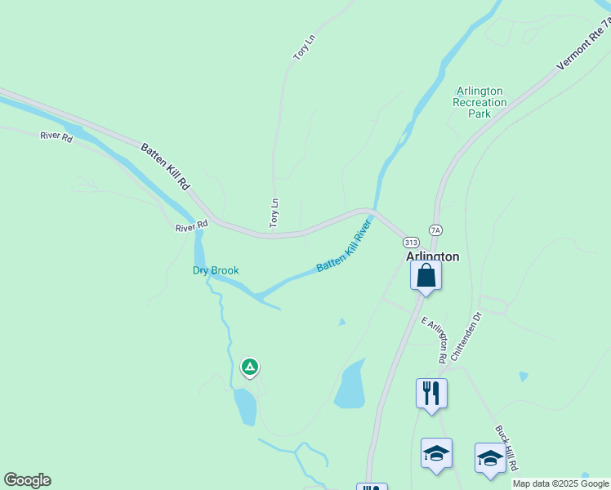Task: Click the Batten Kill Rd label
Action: pyautogui.click(x=165, y=168)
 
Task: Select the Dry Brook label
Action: pyautogui.click(x=216, y=270)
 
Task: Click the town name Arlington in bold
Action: pyautogui.click(x=433, y=256)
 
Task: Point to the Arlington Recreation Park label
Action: pyautogui.click(x=480, y=103)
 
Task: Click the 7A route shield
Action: pyautogui.click(x=435, y=231)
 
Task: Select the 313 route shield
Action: pyautogui.click(x=411, y=243)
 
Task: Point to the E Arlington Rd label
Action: pyautogui.click(x=435, y=338)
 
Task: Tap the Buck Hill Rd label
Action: pyautogui.click(x=507, y=448)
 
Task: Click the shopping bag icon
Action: pyautogui.click(x=426, y=276)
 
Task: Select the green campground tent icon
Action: pyautogui.click(x=250, y=367)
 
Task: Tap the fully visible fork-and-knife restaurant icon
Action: pyautogui.click(x=431, y=394)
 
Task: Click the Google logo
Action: pyautogui.click(x=27, y=480)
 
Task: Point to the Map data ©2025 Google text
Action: pyautogui.click(x=560, y=483)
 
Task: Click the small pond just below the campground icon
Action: pyautogui.click(x=245, y=406)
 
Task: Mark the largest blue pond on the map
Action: pyautogui.click(x=350, y=385)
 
